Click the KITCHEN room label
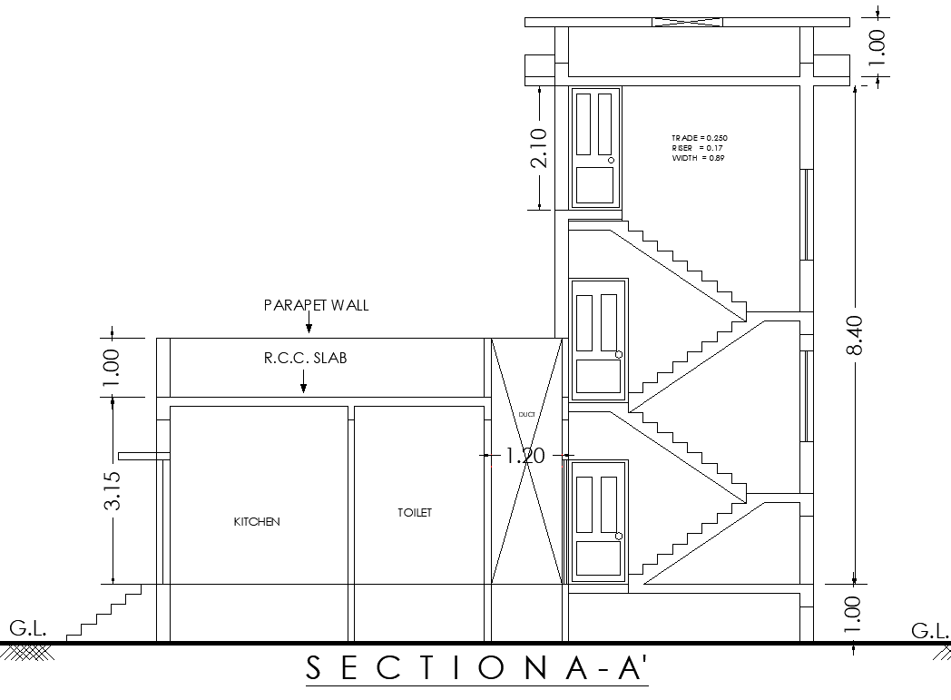[257, 522]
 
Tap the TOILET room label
[415, 513]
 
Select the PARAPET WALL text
[316, 305]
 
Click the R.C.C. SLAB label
[306, 359]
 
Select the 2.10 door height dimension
[539, 147]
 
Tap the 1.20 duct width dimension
[525, 455]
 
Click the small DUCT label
[526, 414]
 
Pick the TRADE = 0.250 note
[700, 138]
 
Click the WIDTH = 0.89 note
[698, 158]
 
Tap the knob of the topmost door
[612, 160]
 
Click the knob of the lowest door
[619, 537]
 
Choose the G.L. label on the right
[929, 629]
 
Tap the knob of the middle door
[619, 354]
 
